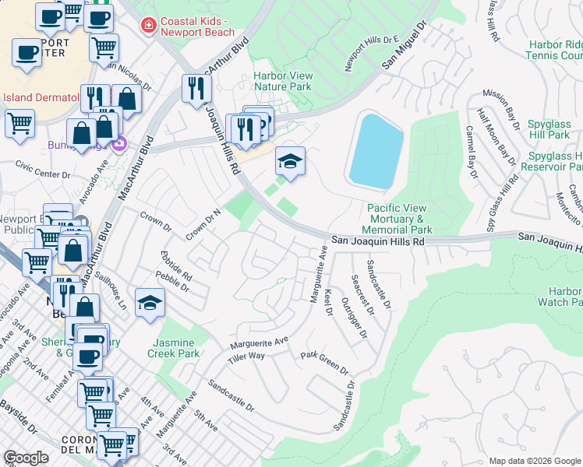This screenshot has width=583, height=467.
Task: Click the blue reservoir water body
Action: (376, 151)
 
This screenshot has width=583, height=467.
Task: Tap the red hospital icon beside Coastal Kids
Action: (146, 26)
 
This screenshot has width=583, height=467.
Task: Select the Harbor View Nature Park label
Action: (282, 81)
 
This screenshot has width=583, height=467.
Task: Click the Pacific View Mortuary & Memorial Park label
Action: (399, 219)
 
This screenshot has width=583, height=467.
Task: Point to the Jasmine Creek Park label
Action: (174, 348)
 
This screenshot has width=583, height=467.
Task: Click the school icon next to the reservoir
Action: (291, 162)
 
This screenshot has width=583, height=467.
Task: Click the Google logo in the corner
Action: (26, 457)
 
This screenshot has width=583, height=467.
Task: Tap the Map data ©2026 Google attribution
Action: (533, 461)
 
